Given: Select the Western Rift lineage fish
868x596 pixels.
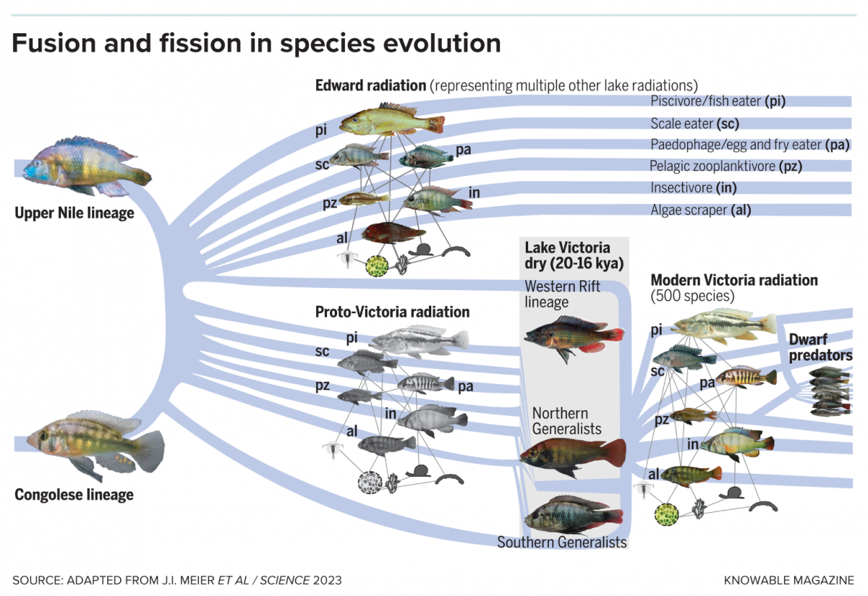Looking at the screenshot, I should pos(572,337).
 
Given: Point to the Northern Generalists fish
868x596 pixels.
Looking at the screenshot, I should pos(571,456).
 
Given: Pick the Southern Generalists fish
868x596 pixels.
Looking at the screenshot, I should pos(571,514).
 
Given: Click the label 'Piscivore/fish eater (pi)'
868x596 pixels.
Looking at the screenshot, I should pos(718,101).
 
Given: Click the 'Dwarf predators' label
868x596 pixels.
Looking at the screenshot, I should pos(820,347).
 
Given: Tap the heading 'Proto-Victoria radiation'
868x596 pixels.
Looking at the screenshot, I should pos(392,312).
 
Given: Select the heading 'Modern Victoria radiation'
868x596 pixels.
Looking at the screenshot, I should pos(733,280).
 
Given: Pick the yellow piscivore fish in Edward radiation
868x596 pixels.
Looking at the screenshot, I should pos(391,121).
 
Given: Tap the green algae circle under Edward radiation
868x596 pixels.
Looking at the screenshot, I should pos(377,265).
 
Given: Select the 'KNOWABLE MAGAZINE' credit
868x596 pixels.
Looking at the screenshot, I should pos(788,580).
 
